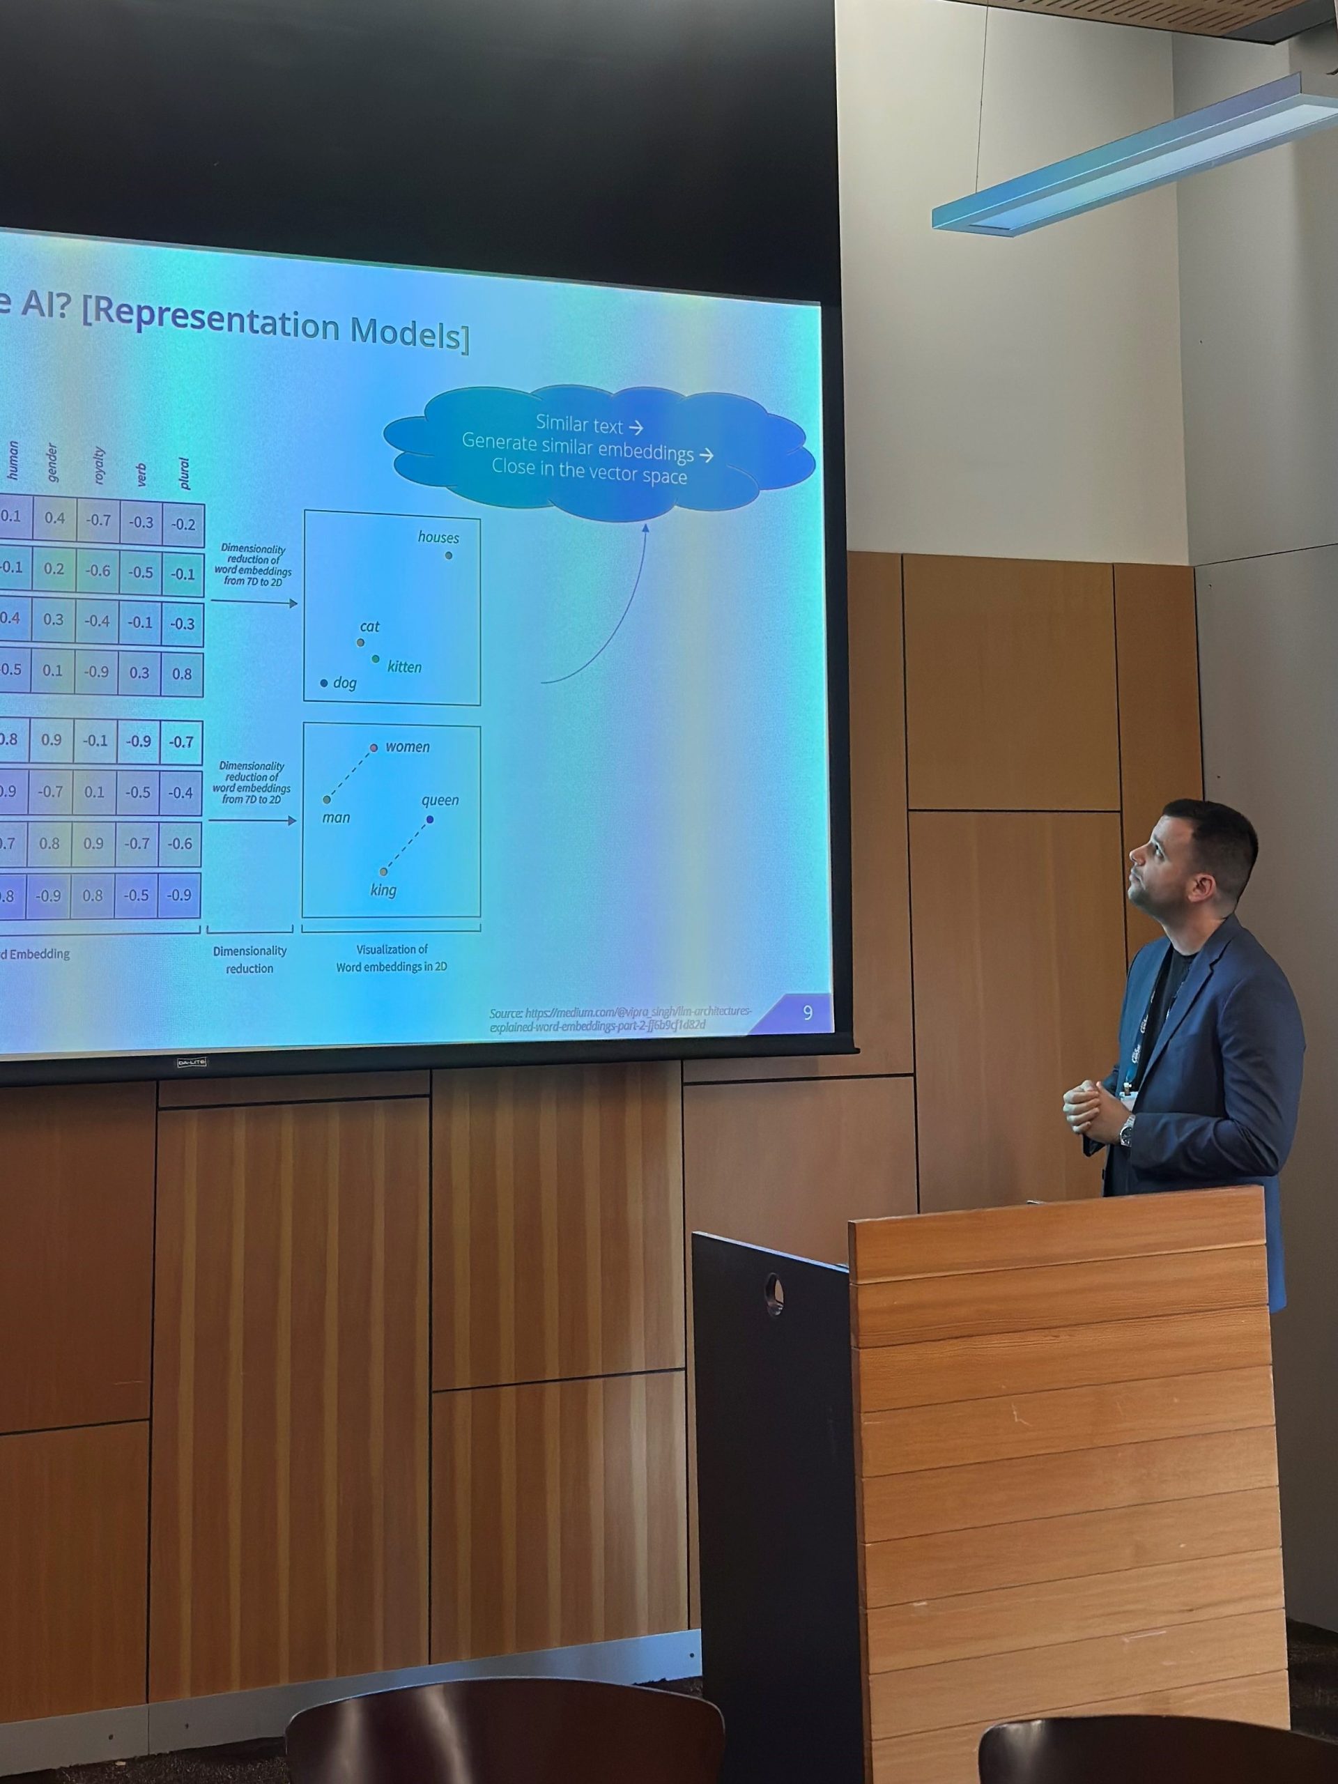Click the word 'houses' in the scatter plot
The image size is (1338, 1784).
coord(438,537)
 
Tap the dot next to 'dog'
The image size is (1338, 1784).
coord(324,683)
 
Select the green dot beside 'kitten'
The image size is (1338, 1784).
coord(375,659)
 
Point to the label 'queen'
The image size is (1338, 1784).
coord(440,800)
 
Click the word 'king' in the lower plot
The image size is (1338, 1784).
coord(383,891)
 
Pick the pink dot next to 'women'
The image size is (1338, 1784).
coord(374,748)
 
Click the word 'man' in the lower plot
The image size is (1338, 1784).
coord(337,818)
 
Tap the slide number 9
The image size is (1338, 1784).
coord(807,1012)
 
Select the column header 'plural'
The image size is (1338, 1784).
coord(184,473)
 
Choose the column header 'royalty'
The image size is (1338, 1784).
coord(99,466)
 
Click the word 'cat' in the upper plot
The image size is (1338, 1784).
coord(369,626)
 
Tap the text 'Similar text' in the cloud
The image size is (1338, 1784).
coord(579,424)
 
